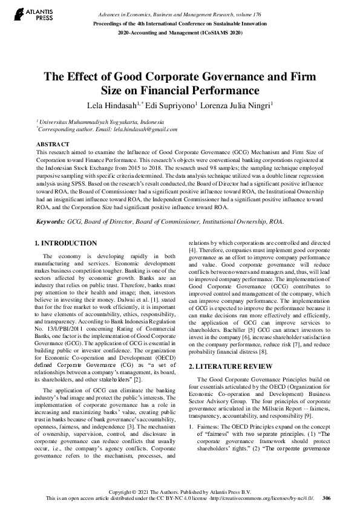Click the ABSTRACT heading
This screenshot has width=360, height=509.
tap(53, 144)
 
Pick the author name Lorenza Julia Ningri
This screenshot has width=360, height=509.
tap(234, 105)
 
